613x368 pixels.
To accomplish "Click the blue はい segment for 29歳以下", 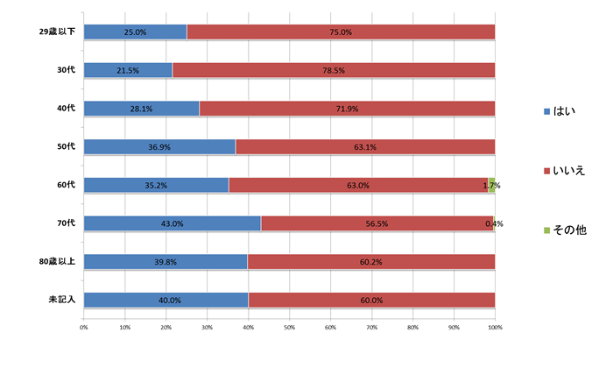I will coord(135,32).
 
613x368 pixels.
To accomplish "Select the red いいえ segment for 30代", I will coord(334,70).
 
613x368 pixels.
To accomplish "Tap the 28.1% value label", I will coord(141,109).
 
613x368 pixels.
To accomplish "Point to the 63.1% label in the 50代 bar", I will coord(365,147).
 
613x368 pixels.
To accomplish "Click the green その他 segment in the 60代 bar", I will coord(492,185).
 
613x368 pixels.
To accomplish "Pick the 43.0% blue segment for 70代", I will coord(172,223).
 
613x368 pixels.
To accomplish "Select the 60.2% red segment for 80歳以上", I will coord(371,262).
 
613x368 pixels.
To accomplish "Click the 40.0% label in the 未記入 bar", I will coord(166,301).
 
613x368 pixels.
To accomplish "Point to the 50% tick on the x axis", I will coord(289,328).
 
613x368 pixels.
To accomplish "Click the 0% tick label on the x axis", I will coord(84,328).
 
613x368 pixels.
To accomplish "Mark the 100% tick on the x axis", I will coord(495,328).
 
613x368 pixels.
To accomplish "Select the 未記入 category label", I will coord(61,301).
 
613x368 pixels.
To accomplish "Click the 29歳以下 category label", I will coord(57,32).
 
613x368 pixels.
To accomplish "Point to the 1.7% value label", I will coord(492,186).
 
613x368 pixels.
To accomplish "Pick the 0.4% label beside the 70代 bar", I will coord(494,224).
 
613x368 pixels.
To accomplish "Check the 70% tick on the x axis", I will coord(371,328).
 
